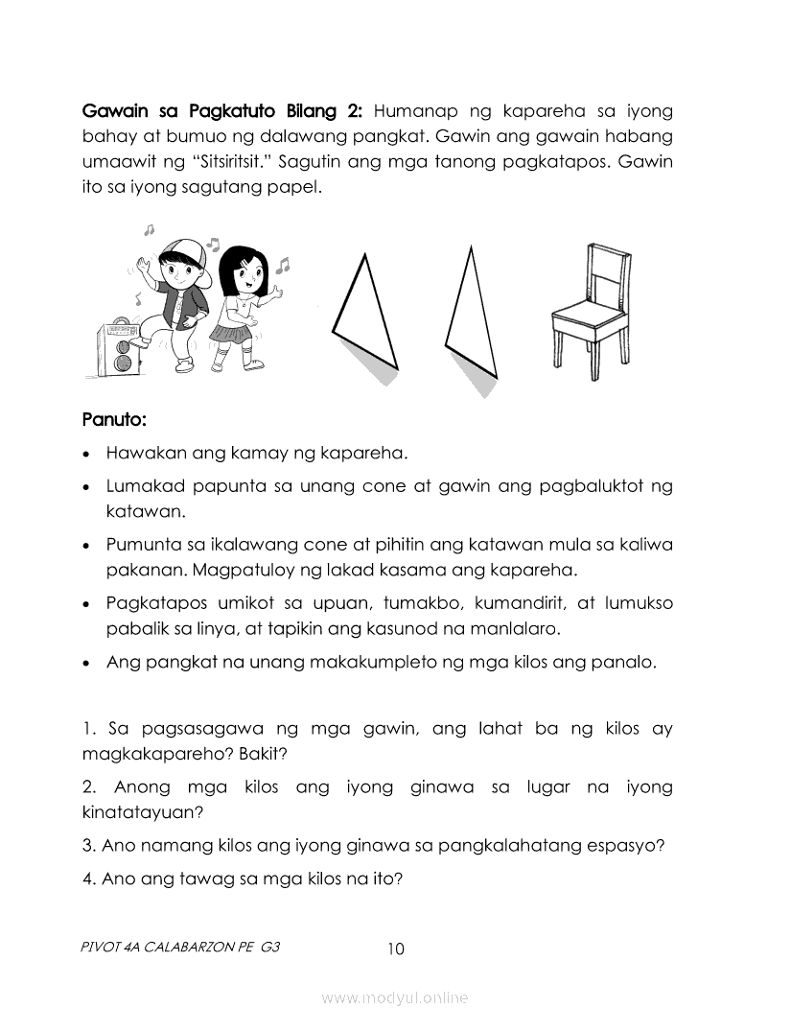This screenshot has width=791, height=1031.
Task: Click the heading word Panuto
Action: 114,420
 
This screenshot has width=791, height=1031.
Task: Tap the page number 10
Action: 396,949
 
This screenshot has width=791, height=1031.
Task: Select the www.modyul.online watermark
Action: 395,997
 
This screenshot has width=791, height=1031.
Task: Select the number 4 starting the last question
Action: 86,878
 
